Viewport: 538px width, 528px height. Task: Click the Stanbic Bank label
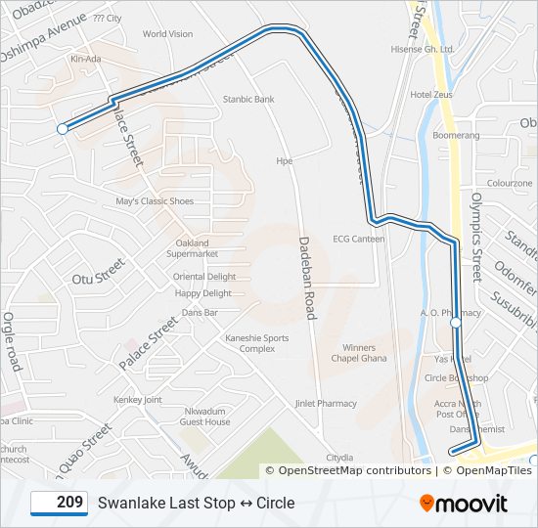248,99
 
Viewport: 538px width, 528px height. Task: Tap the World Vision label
167,33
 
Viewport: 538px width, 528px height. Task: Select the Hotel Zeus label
431,95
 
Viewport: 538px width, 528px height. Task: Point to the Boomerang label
456,135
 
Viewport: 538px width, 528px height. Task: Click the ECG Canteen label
358,239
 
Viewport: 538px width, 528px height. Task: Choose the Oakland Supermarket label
192,248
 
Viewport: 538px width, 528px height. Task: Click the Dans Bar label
200,312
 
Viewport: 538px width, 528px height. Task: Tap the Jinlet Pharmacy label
326,403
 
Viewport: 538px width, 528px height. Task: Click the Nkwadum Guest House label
204,417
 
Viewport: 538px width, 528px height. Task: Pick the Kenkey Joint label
138,400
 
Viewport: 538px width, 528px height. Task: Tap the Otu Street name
99,272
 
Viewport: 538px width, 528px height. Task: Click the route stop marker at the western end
63,128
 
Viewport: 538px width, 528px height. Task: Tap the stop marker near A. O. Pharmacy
455,322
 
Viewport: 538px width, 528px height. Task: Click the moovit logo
464,504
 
